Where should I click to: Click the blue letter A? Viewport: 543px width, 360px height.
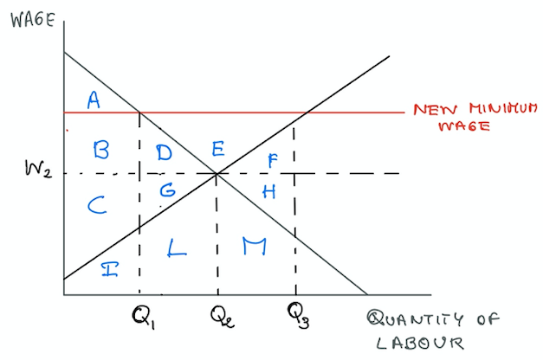(x=94, y=100)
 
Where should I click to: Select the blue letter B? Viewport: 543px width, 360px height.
(x=101, y=151)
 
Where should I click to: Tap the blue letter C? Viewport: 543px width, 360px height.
(x=97, y=205)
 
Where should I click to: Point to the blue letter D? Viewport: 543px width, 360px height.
(x=164, y=152)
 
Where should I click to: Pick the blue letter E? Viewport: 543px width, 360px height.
(x=218, y=149)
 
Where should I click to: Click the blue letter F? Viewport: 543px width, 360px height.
(x=273, y=161)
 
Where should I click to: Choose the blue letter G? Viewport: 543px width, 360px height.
(x=168, y=190)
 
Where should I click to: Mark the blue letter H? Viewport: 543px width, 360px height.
(x=269, y=191)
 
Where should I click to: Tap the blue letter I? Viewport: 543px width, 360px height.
(x=110, y=269)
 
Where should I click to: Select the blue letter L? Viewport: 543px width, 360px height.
(x=177, y=247)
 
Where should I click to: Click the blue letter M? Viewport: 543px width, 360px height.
(x=255, y=246)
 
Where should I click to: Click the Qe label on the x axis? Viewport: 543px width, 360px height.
(x=223, y=317)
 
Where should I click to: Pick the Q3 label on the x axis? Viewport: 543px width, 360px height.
(x=299, y=315)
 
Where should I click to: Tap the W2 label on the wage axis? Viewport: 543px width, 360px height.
(x=38, y=169)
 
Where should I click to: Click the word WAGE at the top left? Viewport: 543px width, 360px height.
(x=33, y=20)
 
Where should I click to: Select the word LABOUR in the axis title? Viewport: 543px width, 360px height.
(x=420, y=343)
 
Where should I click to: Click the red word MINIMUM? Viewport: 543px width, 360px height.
(x=503, y=108)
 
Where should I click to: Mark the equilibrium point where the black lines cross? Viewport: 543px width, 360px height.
(x=217, y=173)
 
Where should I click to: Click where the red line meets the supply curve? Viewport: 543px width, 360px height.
(x=307, y=112)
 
